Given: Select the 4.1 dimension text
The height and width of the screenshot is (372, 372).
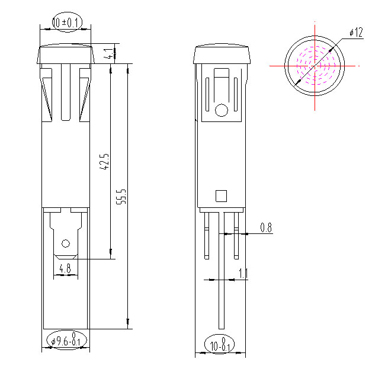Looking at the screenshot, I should [107, 54].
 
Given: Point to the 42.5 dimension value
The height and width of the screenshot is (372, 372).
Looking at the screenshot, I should [104, 161].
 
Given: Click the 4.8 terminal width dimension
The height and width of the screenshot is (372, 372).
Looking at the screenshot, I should [65, 268].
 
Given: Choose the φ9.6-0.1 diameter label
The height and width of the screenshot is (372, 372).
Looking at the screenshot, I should [67, 341].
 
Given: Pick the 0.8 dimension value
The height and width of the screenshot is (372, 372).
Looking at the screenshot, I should [265, 227].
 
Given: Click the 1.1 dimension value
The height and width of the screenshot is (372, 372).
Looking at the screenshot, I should [243, 273].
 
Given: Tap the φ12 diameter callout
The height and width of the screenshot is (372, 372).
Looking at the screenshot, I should [355, 33].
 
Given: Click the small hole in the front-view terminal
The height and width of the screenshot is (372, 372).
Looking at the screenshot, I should [65, 243].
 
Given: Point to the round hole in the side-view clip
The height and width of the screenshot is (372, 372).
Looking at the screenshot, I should [221, 110].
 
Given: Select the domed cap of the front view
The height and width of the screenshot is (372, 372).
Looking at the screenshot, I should [66, 54].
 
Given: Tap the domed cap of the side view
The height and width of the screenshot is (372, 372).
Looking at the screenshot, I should [222, 54].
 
